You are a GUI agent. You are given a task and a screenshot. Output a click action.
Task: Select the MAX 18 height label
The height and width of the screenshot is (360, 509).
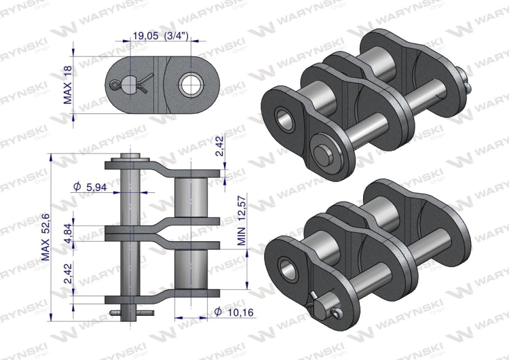pos(68,86)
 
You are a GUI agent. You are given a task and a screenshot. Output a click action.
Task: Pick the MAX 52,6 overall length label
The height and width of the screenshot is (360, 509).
pos(46,236)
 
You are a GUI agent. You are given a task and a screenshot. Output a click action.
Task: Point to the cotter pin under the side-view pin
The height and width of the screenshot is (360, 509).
pos(134,312)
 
